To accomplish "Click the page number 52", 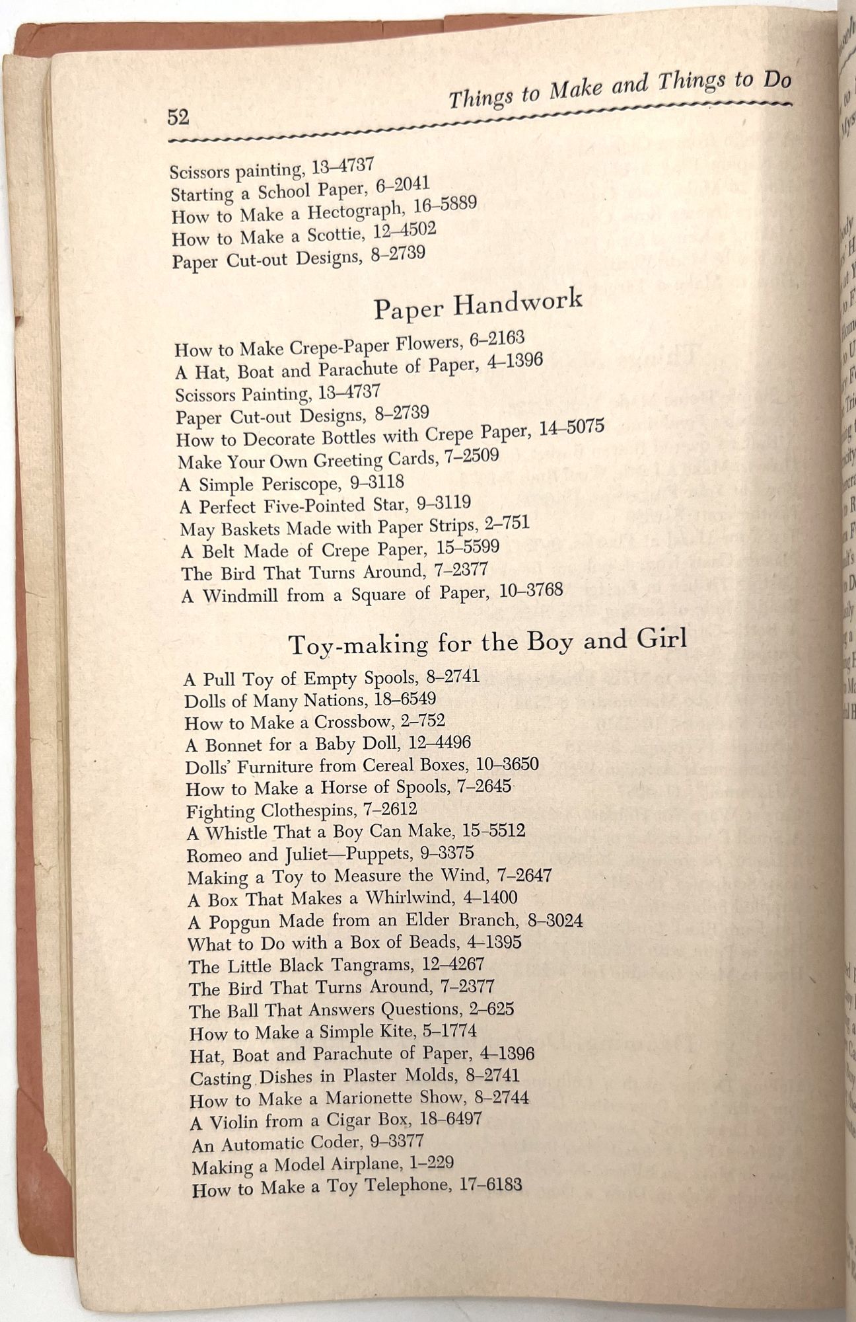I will point(178,118).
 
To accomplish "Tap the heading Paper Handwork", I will point(478,304).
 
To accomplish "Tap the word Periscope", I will point(301,484).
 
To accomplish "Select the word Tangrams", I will point(349,965).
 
